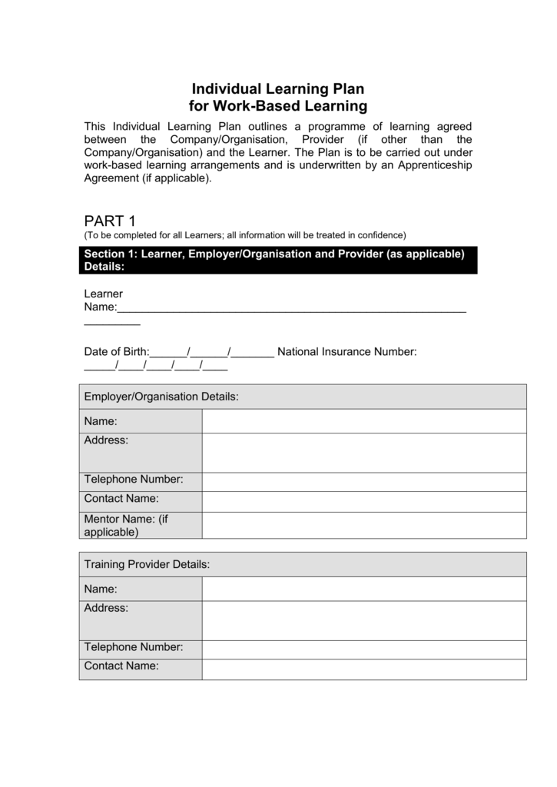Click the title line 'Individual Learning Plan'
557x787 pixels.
(x=277, y=89)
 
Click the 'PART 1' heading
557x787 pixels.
(x=109, y=221)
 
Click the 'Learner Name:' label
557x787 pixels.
(x=103, y=301)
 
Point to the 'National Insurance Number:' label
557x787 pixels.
(x=346, y=352)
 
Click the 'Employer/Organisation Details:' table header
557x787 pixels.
(x=303, y=397)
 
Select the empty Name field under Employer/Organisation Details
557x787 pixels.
(x=364, y=421)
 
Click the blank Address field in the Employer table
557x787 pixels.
(x=364, y=453)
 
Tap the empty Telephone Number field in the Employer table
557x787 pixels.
(x=364, y=481)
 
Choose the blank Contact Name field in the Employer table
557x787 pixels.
(x=364, y=500)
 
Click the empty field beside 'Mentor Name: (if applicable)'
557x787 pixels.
(x=364, y=525)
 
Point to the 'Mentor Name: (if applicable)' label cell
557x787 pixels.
(x=141, y=525)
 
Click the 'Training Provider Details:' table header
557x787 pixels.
(x=303, y=564)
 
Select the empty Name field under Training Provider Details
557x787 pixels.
(x=364, y=589)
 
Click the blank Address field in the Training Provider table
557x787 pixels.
(x=364, y=619)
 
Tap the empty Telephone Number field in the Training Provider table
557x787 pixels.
(x=364, y=649)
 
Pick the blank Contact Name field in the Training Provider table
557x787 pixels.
(x=364, y=669)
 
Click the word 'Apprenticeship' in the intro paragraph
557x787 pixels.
(x=434, y=165)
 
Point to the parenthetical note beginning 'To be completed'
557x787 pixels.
(x=244, y=235)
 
